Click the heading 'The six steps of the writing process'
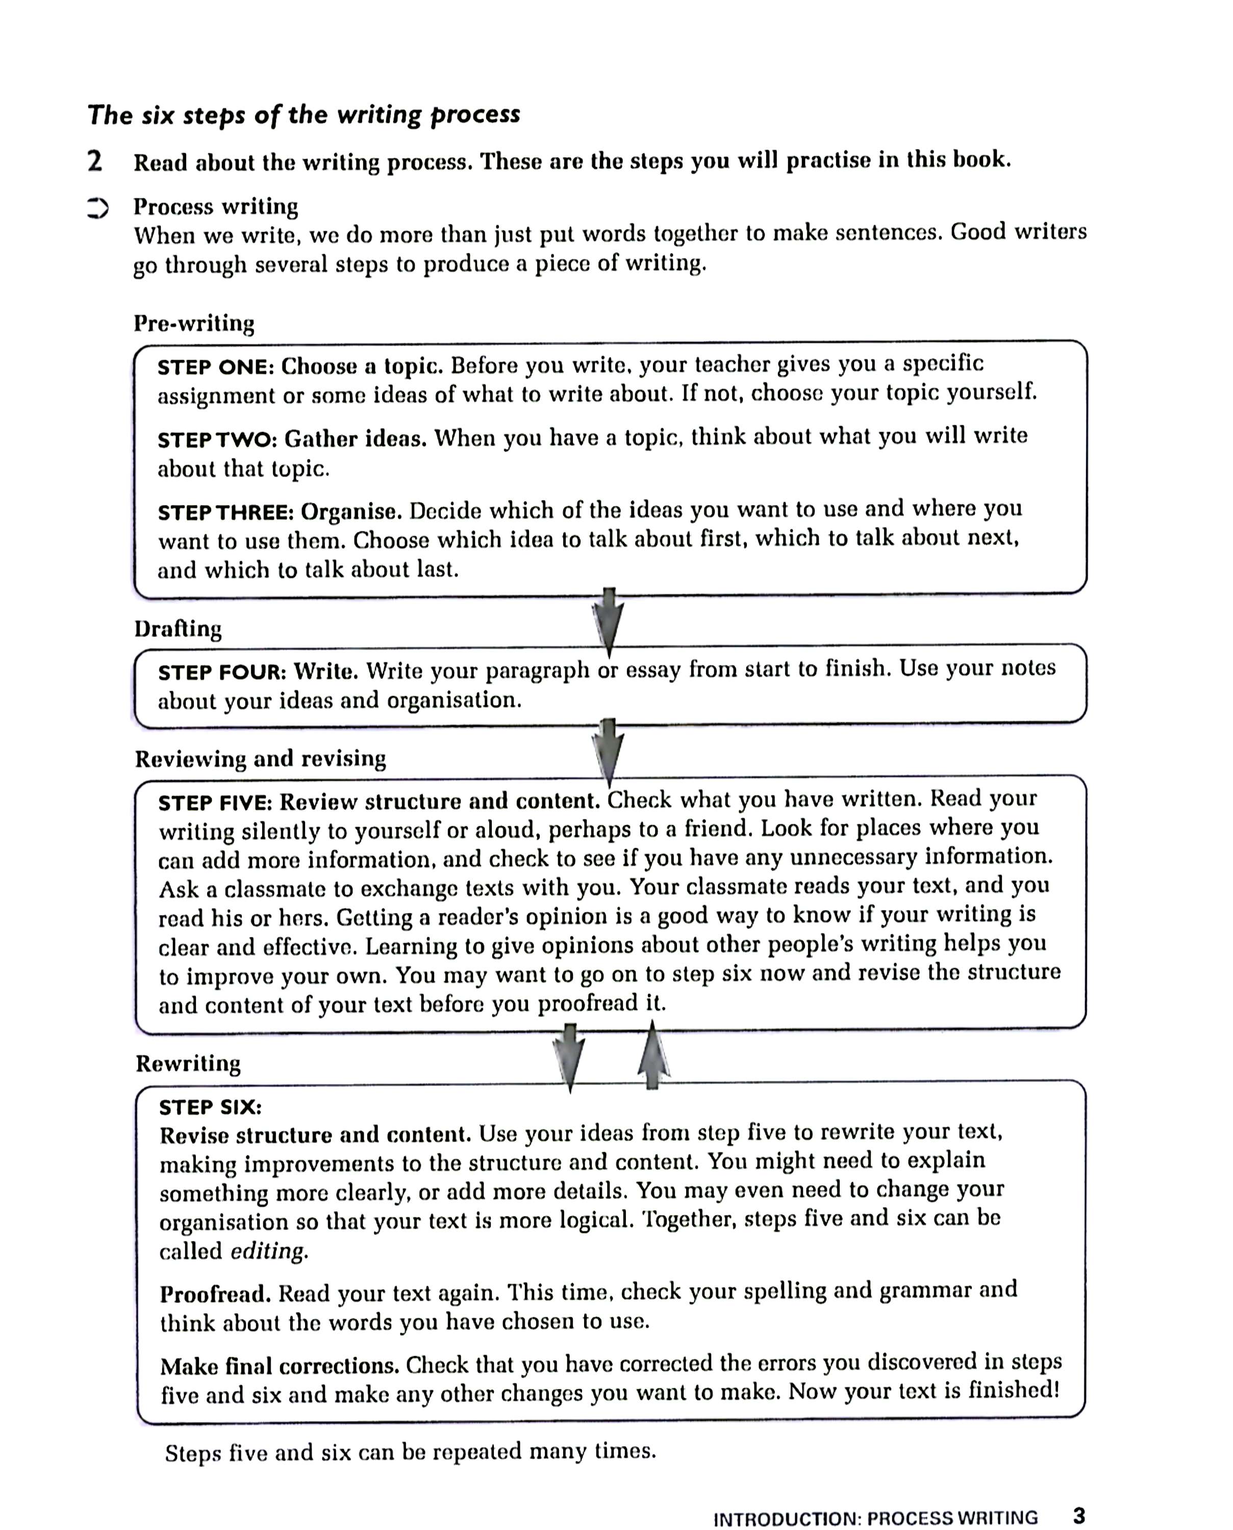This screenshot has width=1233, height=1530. [x=304, y=115]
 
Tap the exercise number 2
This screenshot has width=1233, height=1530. [x=94, y=161]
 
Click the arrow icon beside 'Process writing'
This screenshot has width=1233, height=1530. [x=97, y=208]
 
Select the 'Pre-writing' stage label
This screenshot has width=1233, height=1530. [x=194, y=324]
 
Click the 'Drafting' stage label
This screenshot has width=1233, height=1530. [x=178, y=629]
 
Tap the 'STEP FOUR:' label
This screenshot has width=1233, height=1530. [x=221, y=672]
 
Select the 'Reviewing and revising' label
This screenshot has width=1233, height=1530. [x=261, y=759]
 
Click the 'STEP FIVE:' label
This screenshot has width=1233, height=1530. [x=215, y=803]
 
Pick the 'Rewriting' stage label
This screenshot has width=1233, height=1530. [x=188, y=1063]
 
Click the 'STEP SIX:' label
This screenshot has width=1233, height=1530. [x=210, y=1108]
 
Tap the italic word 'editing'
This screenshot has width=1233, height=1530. [x=269, y=1251]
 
